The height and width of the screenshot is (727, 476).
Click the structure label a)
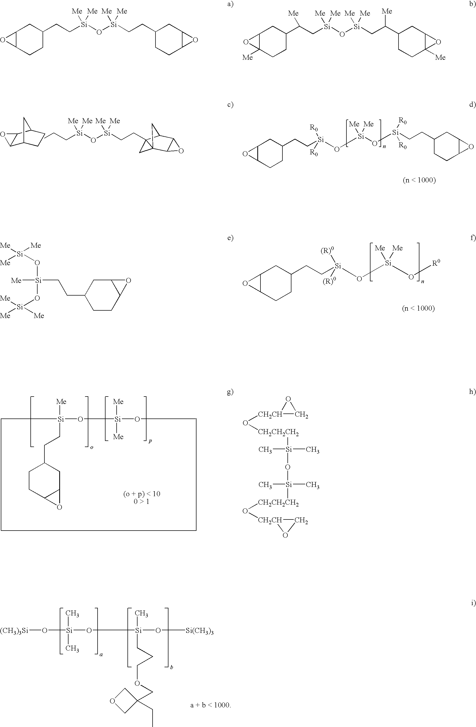pyautogui.click(x=230, y=4)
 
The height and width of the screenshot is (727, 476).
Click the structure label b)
pyautogui.click(x=472, y=4)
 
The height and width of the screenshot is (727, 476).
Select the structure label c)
pyautogui.click(x=230, y=105)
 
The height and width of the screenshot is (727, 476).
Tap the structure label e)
pyautogui.click(x=230, y=238)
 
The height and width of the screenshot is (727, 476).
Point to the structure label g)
pyautogui.click(x=230, y=392)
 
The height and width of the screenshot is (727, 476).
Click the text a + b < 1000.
pyautogui.click(x=210, y=705)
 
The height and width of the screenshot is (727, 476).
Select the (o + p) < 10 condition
pyautogui.click(x=142, y=494)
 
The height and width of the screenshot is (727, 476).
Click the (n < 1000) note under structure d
pyautogui.click(x=419, y=180)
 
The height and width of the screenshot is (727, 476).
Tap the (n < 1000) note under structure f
pyautogui.click(x=418, y=308)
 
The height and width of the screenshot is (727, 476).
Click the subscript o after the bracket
pyautogui.click(x=92, y=447)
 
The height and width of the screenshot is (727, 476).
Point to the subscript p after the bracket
pyautogui.click(x=150, y=441)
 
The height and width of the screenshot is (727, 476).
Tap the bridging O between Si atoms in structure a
pyautogui.click(x=99, y=32)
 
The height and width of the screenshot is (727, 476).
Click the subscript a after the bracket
pyautogui.click(x=101, y=655)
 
